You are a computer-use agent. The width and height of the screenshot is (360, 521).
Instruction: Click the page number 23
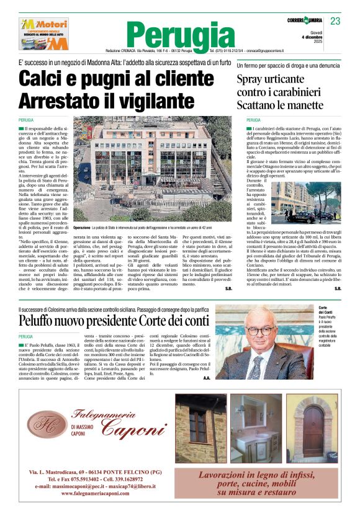(x=335, y=21)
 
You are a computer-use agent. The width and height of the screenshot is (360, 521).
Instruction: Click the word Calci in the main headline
(x=60, y=79)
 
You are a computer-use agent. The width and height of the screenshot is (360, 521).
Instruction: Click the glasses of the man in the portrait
(x=260, y=331)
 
